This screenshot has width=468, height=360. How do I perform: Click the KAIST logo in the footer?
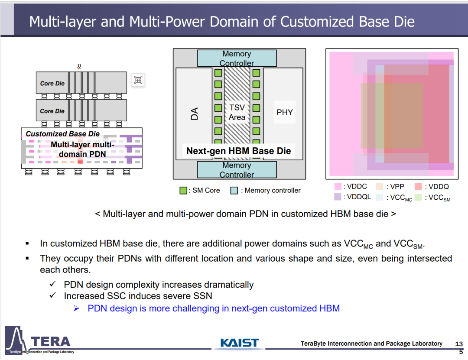click(239, 343)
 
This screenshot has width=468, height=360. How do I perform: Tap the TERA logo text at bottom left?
click(50, 341)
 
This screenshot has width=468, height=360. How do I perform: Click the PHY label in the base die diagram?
click(284, 112)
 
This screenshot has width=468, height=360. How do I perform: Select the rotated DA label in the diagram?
click(194, 114)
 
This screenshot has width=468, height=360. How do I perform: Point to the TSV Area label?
click(237, 112)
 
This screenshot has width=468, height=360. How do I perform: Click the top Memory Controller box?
click(237, 58)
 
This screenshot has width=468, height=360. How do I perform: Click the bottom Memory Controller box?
click(237, 169)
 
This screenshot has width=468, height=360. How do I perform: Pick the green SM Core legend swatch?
click(183, 191)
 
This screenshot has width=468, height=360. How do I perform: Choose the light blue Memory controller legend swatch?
click(234, 191)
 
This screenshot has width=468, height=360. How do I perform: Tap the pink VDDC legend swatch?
click(338, 187)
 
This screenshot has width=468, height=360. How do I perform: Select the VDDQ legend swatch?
click(418, 187)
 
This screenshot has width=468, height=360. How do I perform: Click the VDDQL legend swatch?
click(338, 197)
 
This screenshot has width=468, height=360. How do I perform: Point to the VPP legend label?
click(397, 187)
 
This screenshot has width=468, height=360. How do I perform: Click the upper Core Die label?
click(52, 83)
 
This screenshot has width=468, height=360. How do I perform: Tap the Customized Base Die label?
click(63, 134)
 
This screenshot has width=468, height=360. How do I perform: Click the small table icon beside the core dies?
click(138, 80)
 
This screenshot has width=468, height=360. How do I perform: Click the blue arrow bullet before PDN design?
click(76, 308)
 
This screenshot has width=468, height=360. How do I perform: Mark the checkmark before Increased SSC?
click(53, 295)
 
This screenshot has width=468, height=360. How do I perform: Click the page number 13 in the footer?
click(459, 344)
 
